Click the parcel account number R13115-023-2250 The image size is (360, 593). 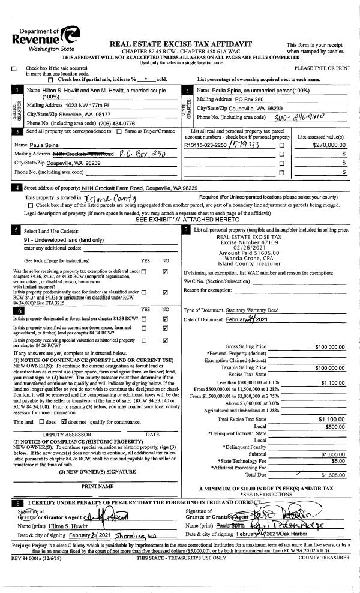tap(206, 145)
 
